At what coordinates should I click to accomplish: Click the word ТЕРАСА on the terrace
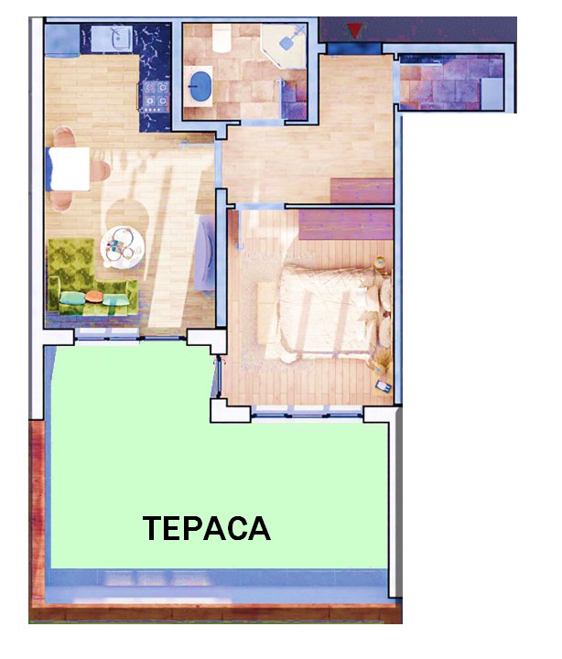[206, 528]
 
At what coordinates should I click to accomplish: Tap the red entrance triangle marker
[355, 31]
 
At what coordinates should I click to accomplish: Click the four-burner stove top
[156, 96]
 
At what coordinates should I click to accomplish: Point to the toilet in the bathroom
[222, 38]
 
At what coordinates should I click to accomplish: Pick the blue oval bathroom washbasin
[200, 86]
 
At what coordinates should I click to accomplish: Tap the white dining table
[70, 169]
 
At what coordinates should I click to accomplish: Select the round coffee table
[123, 248]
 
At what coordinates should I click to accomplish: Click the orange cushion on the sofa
[93, 297]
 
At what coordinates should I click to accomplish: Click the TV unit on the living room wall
[205, 253]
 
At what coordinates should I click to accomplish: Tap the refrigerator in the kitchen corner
[62, 40]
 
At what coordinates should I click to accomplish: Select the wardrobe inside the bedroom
[346, 224]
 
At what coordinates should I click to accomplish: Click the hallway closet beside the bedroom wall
[362, 190]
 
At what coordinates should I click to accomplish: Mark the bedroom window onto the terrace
[307, 413]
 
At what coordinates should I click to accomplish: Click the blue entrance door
[354, 49]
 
